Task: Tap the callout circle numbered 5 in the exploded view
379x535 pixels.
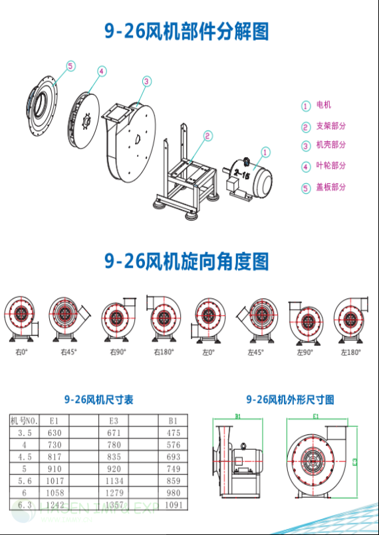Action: (70, 65)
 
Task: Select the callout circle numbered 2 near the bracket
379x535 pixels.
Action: (208, 136)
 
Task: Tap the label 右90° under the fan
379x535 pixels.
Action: (117, 352)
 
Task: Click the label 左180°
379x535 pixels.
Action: (350, 352)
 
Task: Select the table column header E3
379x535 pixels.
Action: (114, 420)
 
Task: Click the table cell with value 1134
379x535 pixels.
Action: (114, 480)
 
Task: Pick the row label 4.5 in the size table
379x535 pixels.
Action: (25, 456)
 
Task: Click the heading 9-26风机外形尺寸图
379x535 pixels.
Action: (290, 400)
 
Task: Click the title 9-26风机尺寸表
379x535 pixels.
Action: (98, 400)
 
